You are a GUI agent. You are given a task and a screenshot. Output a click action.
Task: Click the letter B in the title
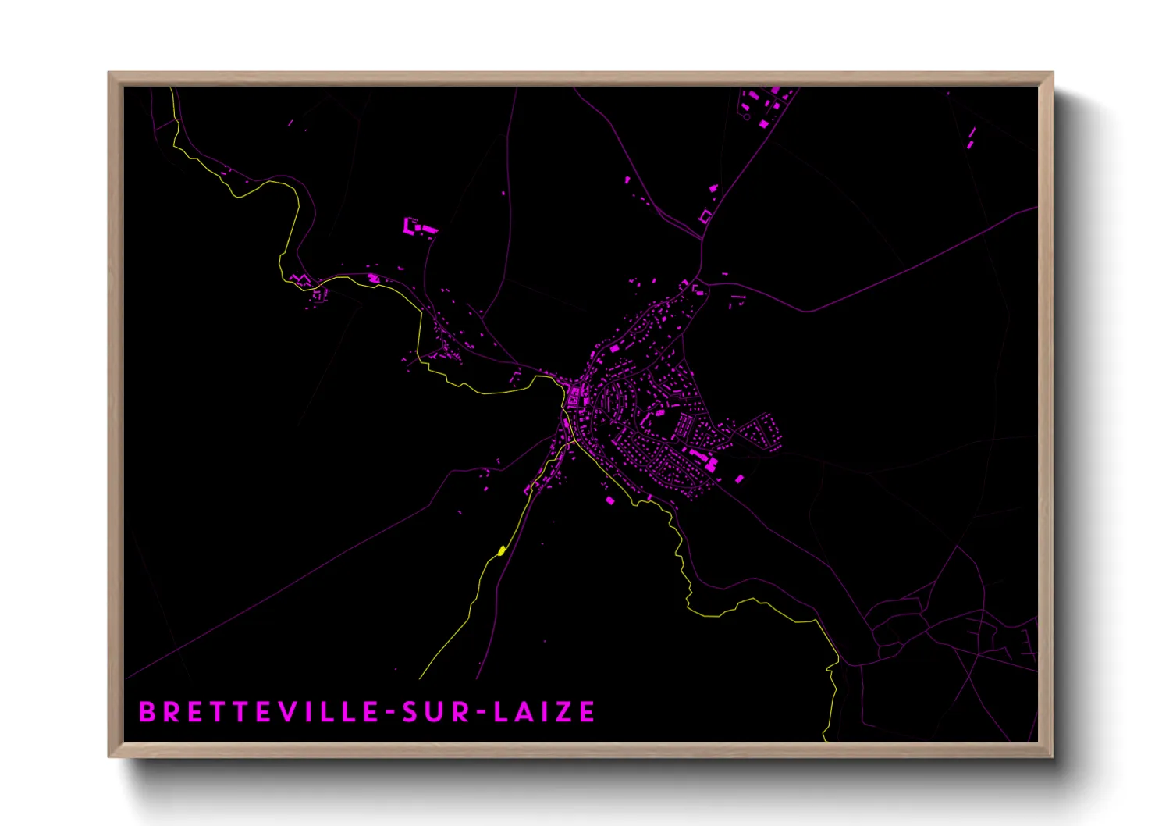tap(146, 712)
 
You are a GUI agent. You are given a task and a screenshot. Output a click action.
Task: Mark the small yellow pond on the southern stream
tap(501, 551)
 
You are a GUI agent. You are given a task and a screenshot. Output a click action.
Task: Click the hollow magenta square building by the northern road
tap(705, 216)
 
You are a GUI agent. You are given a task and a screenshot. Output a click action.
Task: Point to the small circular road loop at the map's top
tap(746, 117)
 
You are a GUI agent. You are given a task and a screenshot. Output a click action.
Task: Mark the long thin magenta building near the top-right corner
tap(972, 137)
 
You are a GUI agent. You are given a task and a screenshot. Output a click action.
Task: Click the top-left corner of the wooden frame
tap(109, 73)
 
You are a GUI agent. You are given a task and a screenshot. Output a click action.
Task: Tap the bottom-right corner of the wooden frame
tap(1052, 757)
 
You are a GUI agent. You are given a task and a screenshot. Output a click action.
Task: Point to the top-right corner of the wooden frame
tap(1052, 73)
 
